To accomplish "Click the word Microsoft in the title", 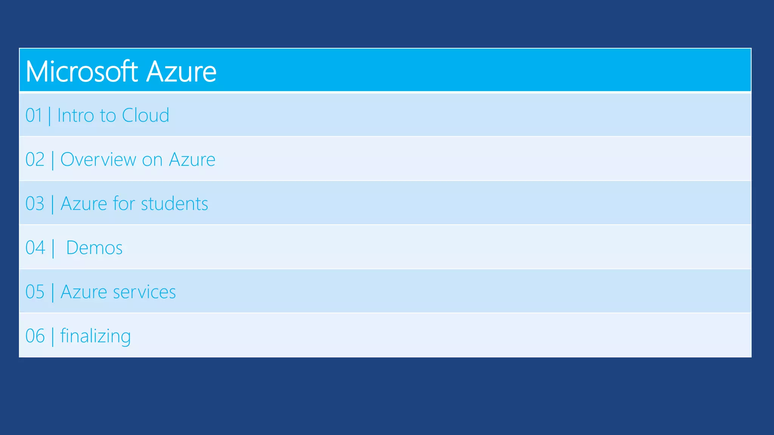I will (82, 71).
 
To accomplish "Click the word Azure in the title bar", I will (181, 71).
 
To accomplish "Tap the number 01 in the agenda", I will (34, 115).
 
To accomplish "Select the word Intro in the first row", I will (76, 115).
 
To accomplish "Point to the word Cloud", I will (146, 115).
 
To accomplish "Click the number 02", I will (35, 159).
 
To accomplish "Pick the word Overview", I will (98, 159).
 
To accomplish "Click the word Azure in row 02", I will (192, 159).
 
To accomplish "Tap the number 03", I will (35, 204).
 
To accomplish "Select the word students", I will (174, 204).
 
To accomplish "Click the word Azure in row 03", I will (84, 204).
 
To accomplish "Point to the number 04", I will (35, 248).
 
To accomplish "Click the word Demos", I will (94, 248).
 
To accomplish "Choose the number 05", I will (35, 292).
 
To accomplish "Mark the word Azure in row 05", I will (84, 292).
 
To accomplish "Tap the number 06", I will (35, 336).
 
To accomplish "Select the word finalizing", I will (96, 336).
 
